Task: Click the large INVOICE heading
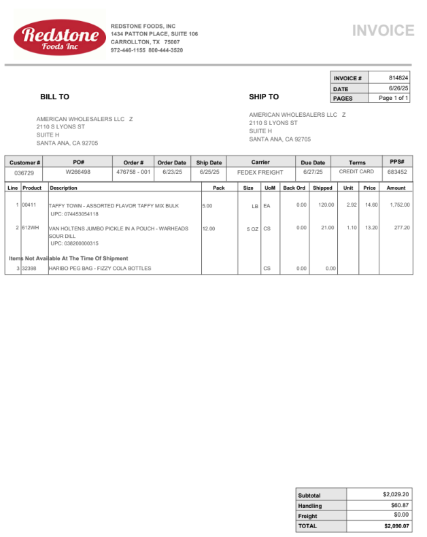click(x=383, y=31)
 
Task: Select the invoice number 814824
click(x=398, y=78)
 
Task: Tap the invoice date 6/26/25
click(x=398, y=88)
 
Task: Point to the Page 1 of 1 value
click(x=393, y=98)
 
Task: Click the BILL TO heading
click(x=54, y=97)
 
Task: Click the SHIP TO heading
click(x=264, y=97)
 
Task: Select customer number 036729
click(x=24, y=173)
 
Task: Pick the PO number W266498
click(x=78, y=172)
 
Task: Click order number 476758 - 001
click(x=133, y=172)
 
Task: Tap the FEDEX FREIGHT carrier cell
click(x=260, y=172)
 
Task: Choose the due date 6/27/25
click(x=313, y=172)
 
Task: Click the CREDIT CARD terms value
click(x=357, y=172)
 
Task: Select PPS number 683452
click(x=397, y=172)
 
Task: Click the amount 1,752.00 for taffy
click(x=399, y=205)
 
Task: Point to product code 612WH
click(x=31, y=228)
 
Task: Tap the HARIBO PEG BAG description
click(x=100, y=268)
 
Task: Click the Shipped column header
click(x=322, y=188)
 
